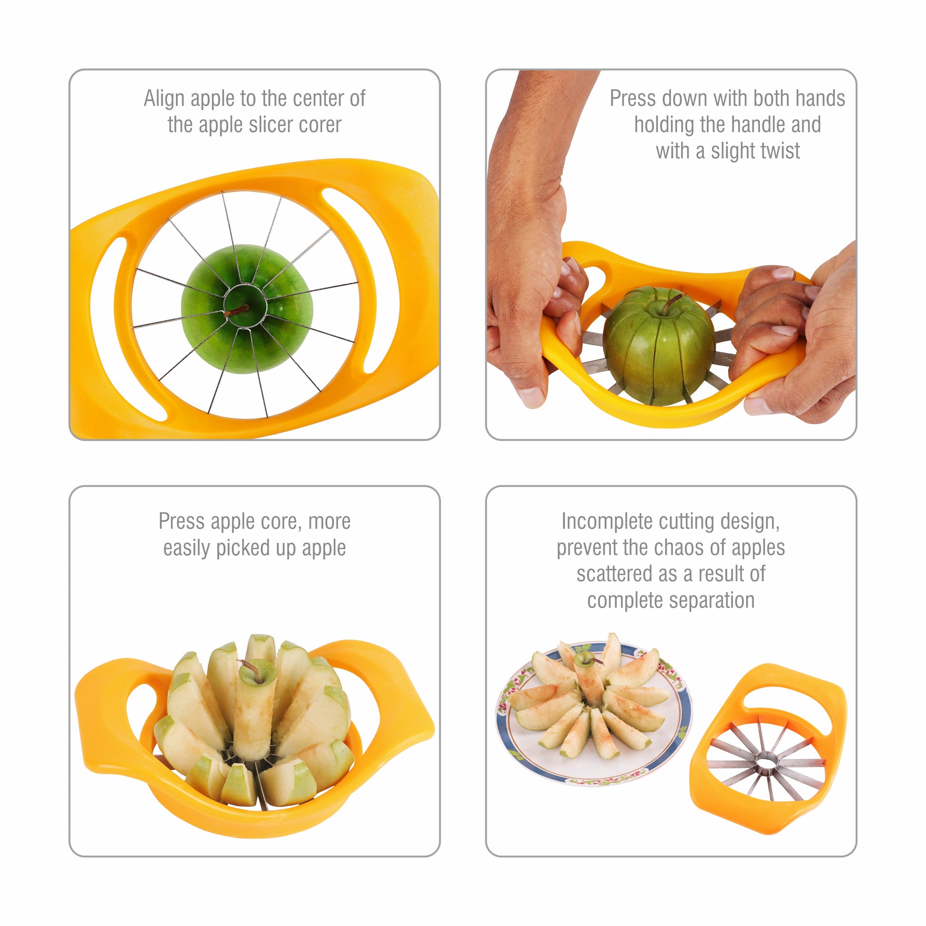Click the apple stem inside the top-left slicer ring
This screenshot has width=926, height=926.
pos(237,310)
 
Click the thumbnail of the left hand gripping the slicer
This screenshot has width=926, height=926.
pos(531,397)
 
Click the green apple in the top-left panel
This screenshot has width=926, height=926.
pos(247,309)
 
